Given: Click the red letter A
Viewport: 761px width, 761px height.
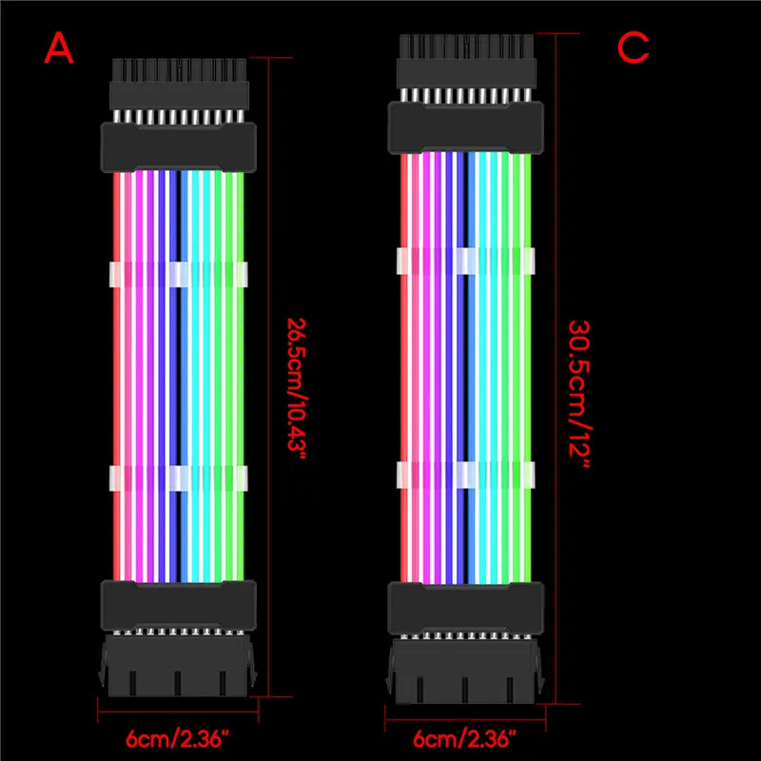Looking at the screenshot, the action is [x=59, y=49].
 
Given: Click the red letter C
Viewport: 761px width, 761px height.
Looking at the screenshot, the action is [x=633, y=49].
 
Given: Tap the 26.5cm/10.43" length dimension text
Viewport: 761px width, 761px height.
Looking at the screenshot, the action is [x=296, y=390].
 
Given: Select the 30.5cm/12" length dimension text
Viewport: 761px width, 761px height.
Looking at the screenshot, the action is [x=579, y=394].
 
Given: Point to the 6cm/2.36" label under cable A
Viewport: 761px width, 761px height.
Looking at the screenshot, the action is [x=177, y=739].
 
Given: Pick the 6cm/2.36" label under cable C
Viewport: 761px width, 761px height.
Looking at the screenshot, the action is [x=464, y=739].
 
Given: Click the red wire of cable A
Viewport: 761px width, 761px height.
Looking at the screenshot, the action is [x=116, y=376].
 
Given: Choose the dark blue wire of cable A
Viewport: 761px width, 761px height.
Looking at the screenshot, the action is [x=173, y=376].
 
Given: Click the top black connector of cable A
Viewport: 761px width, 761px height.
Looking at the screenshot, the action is [x=179, y=115].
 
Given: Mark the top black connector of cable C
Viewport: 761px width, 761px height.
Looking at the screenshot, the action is [x=466, y=93].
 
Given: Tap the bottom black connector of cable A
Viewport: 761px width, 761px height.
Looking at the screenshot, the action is [x=178, y=638].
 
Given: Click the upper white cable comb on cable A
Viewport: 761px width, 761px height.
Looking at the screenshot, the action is [x=179, y=274].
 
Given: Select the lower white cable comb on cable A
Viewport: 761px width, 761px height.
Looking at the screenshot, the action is [x=179, y=478].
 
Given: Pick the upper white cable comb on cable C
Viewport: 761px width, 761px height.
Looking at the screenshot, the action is [x=466, y=261].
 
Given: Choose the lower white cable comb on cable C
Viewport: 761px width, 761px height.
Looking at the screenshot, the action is [x=466, y=475].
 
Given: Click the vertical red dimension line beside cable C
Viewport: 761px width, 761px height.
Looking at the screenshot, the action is [x=556, y=369].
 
